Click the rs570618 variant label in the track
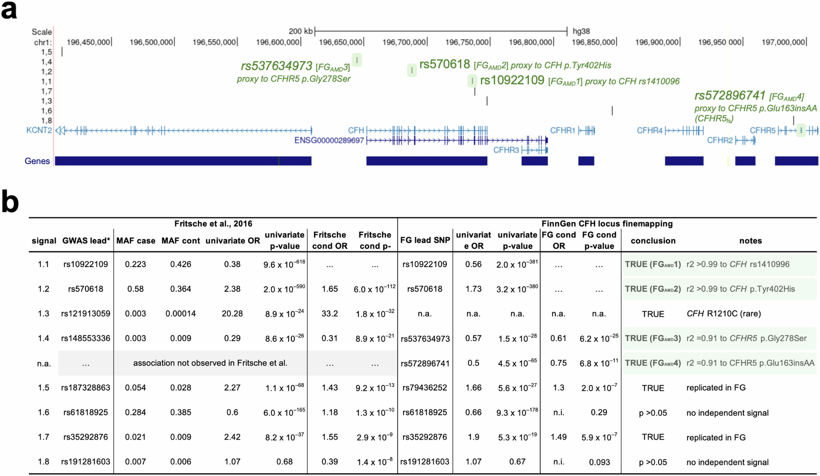(x=444, y=64)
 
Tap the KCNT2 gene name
(x=39, y=130)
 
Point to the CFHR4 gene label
(x=649, y=130)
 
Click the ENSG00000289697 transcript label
(x=329, y=140)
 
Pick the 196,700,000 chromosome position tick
(x=404, y=42)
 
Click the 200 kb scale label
(x=301, y=31)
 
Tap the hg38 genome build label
(x=581, y=31)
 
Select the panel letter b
(x=10, y=201)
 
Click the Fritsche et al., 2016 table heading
(x=213, y=224)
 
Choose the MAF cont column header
(x=180, y=241)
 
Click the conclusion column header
(x=653, y=241)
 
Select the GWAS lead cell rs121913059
(x=86, y=314)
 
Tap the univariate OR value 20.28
(x=232, y=314)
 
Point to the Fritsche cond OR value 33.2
(x=330, y=314)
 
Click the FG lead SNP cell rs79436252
(x=425, y=388)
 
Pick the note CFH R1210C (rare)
(x=724, y=314)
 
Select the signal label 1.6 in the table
(x=43, y=412)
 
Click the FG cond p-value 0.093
(x=599, y=462)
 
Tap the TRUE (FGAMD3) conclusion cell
(x=653, y=339)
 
